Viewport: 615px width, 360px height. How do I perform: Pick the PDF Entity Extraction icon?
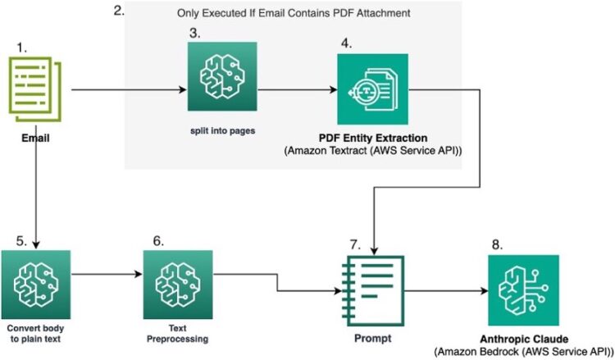coord(372,89)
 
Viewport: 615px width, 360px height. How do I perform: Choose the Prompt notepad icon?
coord(373,291)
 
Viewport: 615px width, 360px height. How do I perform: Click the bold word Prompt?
coord(373,337)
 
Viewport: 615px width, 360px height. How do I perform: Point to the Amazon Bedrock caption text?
coord(522,351)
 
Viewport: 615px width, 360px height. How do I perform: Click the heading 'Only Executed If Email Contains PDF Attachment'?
coord(294,14)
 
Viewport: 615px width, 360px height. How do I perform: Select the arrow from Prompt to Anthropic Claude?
coord(443,290)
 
